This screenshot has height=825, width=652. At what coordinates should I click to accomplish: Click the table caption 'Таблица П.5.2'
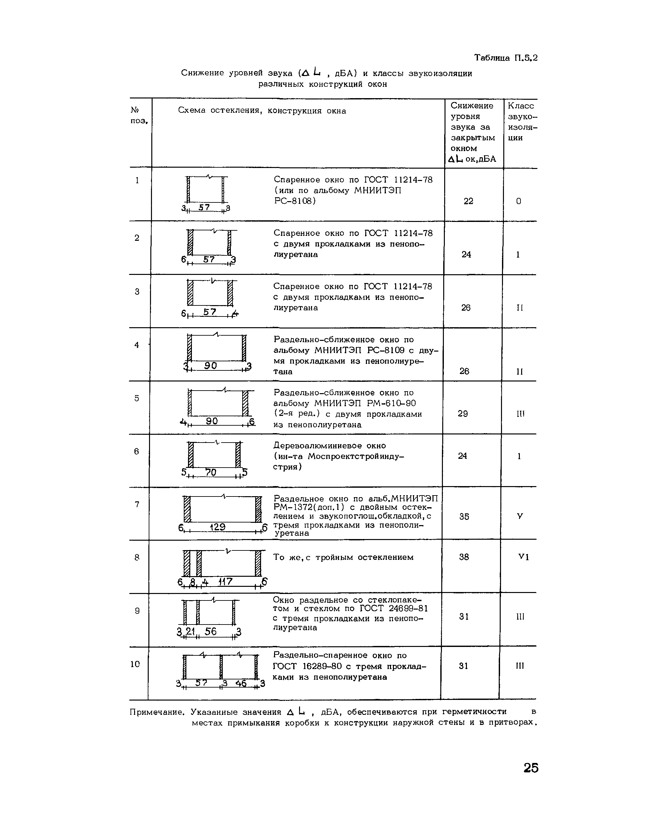(506, 58)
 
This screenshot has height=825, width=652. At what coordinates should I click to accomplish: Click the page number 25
(531, 768)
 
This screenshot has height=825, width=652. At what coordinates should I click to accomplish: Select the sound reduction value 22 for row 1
(469, 201)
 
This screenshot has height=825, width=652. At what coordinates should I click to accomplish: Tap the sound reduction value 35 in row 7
(464, 516)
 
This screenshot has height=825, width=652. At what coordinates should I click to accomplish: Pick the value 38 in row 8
(464, 557)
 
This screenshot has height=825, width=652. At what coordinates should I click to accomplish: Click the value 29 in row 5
(463, 414)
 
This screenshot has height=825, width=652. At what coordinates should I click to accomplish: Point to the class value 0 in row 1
(519, 201)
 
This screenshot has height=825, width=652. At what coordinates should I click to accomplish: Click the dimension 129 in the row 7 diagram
(218, 527)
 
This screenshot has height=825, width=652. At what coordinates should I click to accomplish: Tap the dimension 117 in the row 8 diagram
(225, 581)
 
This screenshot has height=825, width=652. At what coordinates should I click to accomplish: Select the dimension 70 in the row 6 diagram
(211, 472)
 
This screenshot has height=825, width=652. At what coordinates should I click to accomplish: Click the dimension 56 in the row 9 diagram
(210, 632)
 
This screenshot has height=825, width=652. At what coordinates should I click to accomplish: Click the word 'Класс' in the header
(521, 106)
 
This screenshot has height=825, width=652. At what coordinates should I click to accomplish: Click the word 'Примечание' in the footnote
(157, 712)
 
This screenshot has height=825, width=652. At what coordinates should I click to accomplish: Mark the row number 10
(135, 664)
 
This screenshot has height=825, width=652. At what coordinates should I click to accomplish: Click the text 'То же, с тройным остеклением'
(343, 557)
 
